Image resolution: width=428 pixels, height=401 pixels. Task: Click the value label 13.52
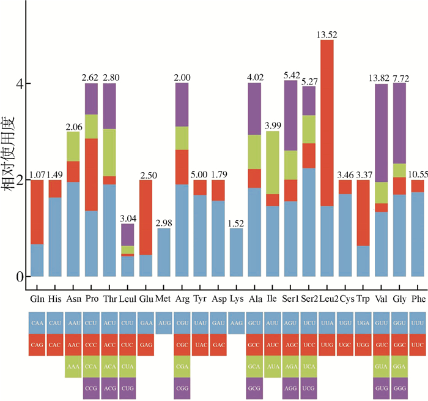pos(327,34)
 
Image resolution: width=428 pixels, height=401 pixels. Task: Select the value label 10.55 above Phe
pos(418,174)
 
